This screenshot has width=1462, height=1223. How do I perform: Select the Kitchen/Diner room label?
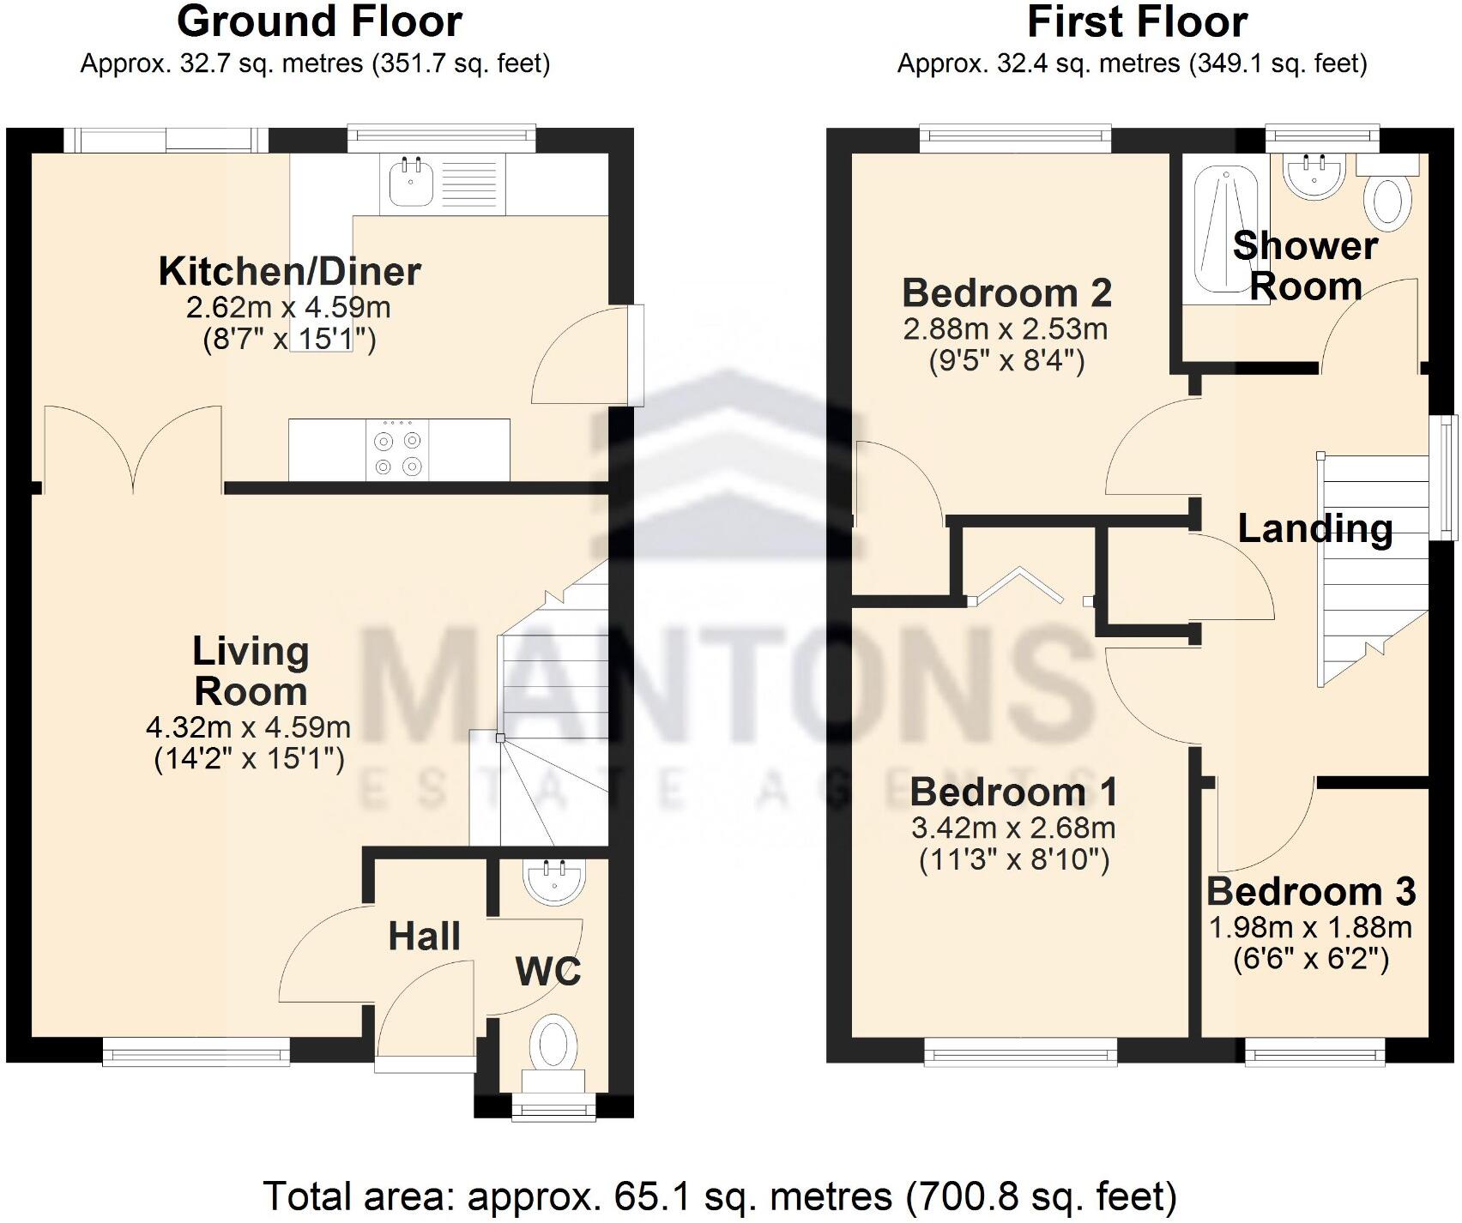[x=290, y=272]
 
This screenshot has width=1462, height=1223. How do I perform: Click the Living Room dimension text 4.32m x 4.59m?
[x=249, y=728]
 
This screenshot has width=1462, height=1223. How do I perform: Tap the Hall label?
[x=424, y=937]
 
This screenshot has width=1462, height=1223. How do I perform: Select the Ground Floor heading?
[x=319, y=21]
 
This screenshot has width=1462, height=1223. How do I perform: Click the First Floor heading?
[x=1137, y=21]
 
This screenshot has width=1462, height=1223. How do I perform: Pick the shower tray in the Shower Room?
[x=1223, y=232]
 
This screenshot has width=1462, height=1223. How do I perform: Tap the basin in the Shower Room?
[x=1313, y=176]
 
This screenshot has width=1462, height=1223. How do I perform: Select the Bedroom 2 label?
[x=1006, y=293]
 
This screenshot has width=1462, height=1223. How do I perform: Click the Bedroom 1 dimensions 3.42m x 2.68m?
[x=1013, y=828]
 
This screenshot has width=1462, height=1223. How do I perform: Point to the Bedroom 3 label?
[x=1311, y=892]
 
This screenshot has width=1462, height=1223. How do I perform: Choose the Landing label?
[x=1314, y=528]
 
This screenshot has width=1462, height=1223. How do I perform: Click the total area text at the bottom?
[x=719, y=1196]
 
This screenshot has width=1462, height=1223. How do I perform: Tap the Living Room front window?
[x=196, y=1051]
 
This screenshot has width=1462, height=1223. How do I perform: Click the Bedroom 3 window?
[x=1315, y=1051]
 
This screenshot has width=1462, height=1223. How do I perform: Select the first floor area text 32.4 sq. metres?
[x=1133, y=64]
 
